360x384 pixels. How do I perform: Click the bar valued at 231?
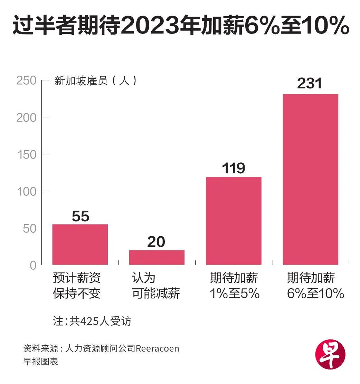point(310,179)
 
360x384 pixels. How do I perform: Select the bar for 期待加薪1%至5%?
point(234,221)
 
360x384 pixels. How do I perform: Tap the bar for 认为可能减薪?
point(157,257)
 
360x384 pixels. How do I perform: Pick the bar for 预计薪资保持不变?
point(80,244)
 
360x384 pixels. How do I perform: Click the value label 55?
point(80,217)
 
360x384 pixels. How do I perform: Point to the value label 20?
point(156,242)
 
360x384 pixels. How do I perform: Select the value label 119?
point(234,169)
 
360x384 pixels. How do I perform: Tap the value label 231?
point(310,84)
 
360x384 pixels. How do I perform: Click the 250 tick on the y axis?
point(26,80)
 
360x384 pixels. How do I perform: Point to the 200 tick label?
point(26,117)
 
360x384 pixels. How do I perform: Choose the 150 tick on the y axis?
point(26,154)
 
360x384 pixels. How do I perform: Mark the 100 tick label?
point(26,191)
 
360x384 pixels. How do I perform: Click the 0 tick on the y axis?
point(33,265)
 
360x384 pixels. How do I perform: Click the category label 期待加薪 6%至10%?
point(315,286)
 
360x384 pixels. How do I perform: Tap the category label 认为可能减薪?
point(156,286)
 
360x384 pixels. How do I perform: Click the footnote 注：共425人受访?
point(92,321)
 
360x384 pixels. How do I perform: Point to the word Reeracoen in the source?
point(158,348)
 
